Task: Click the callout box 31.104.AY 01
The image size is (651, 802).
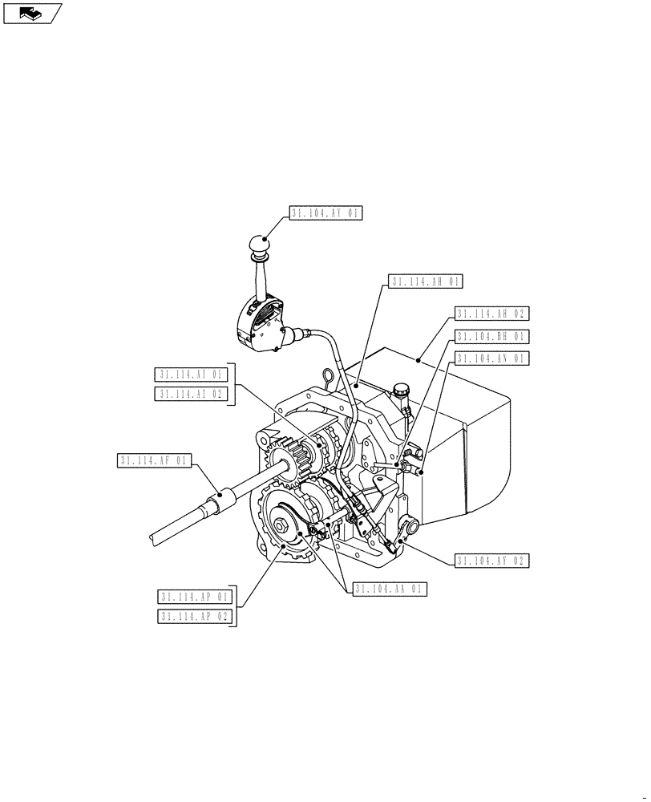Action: point(326,213)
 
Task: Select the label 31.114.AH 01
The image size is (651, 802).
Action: point(426,282)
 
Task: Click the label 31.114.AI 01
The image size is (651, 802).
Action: point(192,375)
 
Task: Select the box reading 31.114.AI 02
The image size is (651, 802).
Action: point(192,394)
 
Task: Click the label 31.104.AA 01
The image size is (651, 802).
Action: point(390,589)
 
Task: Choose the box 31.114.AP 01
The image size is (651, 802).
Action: point(195,597)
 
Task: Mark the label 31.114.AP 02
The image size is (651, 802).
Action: point(195,617)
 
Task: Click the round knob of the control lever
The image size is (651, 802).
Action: point(260,243)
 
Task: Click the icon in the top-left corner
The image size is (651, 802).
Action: point(32,13)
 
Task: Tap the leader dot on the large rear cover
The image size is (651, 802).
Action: point(418,361)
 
